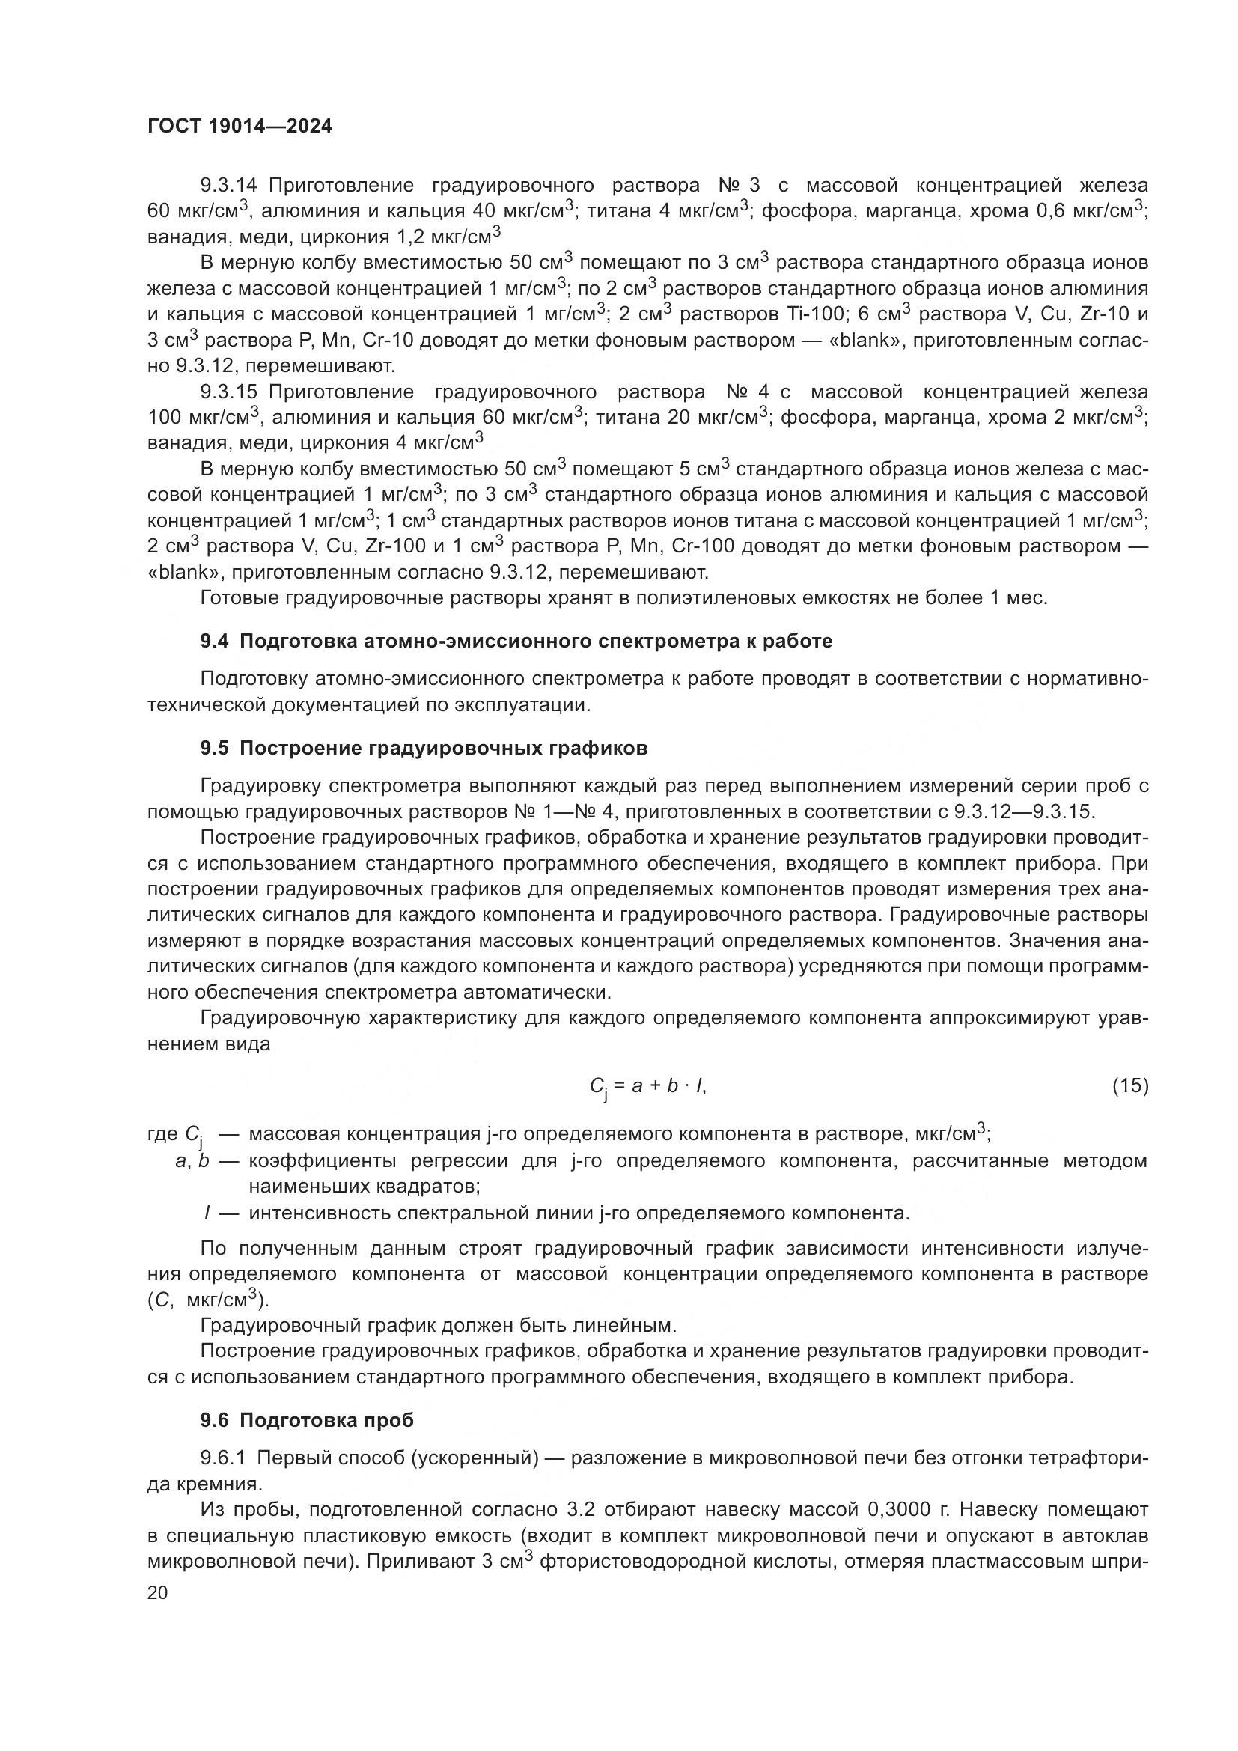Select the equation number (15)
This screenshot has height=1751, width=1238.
point(1129,1085)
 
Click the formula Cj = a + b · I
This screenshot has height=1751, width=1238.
point(648,1087)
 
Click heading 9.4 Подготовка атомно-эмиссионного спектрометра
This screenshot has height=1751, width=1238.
point(516,641)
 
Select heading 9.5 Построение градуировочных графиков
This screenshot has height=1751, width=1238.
point(424,748)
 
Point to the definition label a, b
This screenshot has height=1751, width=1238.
point(192,1162)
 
